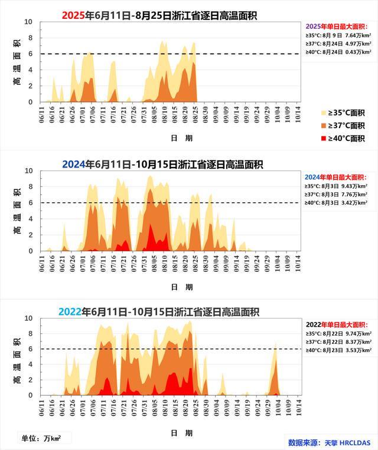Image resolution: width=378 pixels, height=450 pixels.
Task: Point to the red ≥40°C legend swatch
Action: pyautogui.click(x=324, y=139)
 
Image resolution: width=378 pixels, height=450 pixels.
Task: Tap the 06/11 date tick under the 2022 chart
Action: pyautogui.click(x=42, y=407)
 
